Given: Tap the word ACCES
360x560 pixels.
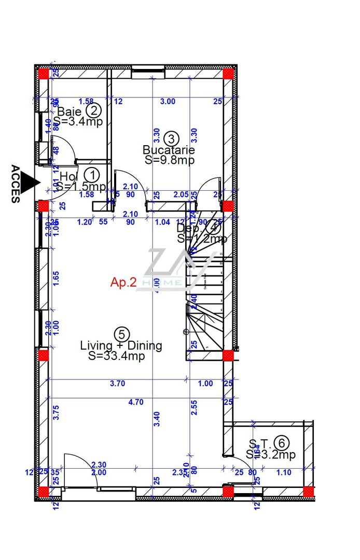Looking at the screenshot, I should click(16, 184).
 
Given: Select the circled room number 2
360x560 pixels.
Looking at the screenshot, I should click(93, 110).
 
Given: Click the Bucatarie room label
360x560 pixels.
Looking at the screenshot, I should click(169, 150).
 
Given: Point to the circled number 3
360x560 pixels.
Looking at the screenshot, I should click(171, 138).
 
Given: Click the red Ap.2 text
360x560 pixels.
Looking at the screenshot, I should click(123, 282).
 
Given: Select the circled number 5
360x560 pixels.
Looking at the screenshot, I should click(121, 334).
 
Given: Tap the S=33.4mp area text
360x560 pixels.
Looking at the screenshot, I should click(116, 356).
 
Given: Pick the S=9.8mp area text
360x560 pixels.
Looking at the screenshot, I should click(170, 160).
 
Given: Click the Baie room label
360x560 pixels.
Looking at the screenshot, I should click(68, 111).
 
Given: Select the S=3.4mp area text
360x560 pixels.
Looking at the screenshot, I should click(78, 122).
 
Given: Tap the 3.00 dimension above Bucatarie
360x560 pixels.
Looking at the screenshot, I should click(168, 101).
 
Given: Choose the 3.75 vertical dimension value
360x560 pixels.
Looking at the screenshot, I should click(57, 412).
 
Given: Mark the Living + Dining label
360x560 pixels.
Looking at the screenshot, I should click(121, 345).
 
